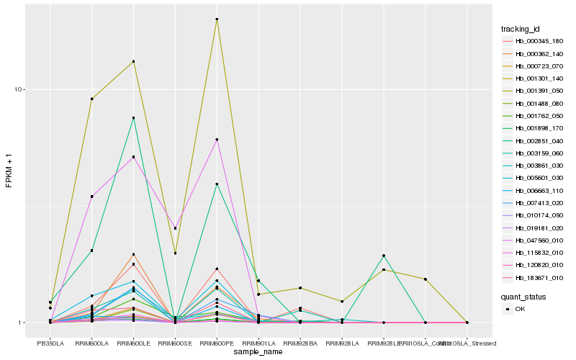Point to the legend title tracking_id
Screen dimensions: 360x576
[x=521, y=29]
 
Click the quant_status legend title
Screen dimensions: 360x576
[x=523, y=296]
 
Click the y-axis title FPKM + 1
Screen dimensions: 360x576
[x=9, y=171]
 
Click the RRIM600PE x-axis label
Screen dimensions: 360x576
[x=217, y=343]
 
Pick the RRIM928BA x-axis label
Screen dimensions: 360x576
[x=300, y=343]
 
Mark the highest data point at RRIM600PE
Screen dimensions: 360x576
[x=217, y=19]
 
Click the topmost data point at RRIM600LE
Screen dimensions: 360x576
[x=133, y=61]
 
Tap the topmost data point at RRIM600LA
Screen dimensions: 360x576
[x=91, y=99]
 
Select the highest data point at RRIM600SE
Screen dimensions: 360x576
[x=175, y=228]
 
